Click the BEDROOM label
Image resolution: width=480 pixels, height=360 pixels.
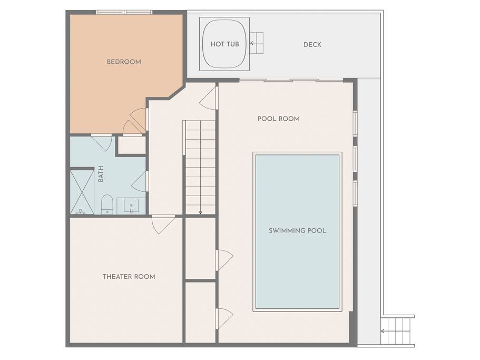tap(124, 62)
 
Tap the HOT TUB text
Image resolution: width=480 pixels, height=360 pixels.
tap(224, 44)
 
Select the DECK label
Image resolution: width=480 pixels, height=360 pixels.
tap(312, 45)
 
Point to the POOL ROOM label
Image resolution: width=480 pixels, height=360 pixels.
tap(279, 119)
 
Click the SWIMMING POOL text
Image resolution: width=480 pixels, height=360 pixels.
tap(297, 230)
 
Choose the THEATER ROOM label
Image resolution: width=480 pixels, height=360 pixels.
tap(129, 277)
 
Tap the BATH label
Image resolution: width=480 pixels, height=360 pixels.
tap(101, 174)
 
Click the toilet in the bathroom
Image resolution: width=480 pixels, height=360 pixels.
tap(107, 204)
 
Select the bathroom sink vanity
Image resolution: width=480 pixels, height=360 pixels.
tap(131, 206)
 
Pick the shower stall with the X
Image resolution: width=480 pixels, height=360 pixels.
tap(82, 192)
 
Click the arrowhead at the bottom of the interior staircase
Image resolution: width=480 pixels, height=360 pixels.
tap(201, 212)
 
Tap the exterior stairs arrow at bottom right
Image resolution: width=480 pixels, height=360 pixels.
tap(386, 331)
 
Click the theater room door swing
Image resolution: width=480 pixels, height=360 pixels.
tap(163, 225)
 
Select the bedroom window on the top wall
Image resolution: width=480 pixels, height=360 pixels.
tap(124, 12)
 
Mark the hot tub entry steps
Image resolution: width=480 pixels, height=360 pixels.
tap(257, 43)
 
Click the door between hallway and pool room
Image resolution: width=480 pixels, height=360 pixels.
tap(209, 98)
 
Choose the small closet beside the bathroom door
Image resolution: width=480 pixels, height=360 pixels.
tap(132, 145)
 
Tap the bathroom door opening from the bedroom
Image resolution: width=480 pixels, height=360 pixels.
tap(101, 142)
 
